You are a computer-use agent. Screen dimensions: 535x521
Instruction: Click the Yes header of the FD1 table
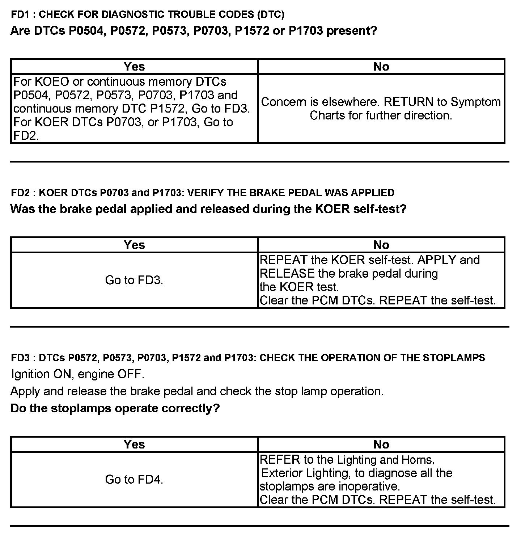tap(134, 67)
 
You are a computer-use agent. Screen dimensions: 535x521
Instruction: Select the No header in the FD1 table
tap(381, 67)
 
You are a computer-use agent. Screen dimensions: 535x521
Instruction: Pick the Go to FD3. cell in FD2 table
tap(134, 280)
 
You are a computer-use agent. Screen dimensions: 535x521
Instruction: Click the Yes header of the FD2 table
tap(134, 245)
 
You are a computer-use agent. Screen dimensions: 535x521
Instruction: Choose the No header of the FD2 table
tap(381, 245)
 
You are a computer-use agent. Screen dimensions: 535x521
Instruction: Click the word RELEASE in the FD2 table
tap(287, 274)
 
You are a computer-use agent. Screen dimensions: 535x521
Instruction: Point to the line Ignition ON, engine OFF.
tap(78, 374)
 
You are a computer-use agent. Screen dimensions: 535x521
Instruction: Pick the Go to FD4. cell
tap(134, 480)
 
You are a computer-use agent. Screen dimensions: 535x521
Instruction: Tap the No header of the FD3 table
tap(381, 445)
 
